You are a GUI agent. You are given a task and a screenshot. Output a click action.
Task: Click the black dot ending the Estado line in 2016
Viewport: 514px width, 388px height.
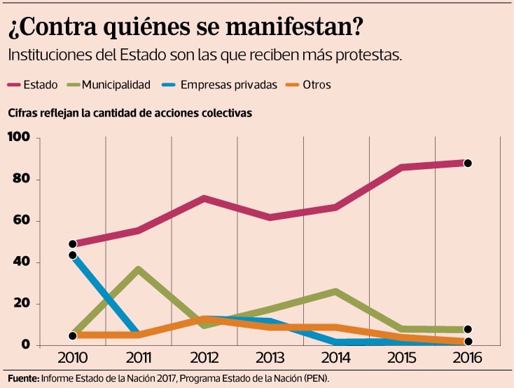coord(468,163)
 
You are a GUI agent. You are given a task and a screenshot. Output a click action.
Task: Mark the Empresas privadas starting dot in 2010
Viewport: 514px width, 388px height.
coord(73,255)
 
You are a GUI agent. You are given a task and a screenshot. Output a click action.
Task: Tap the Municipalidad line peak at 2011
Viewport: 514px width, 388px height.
coord(139,269)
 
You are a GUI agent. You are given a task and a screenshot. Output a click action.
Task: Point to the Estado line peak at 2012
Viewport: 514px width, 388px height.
coord(204,199)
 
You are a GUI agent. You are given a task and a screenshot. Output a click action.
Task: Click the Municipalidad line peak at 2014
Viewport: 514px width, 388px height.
coord(336,291)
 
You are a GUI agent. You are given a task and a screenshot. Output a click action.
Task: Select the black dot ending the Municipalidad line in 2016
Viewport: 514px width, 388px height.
coord(468,330)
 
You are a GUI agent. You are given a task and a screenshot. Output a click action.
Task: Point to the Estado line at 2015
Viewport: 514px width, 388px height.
coord(402,167)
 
